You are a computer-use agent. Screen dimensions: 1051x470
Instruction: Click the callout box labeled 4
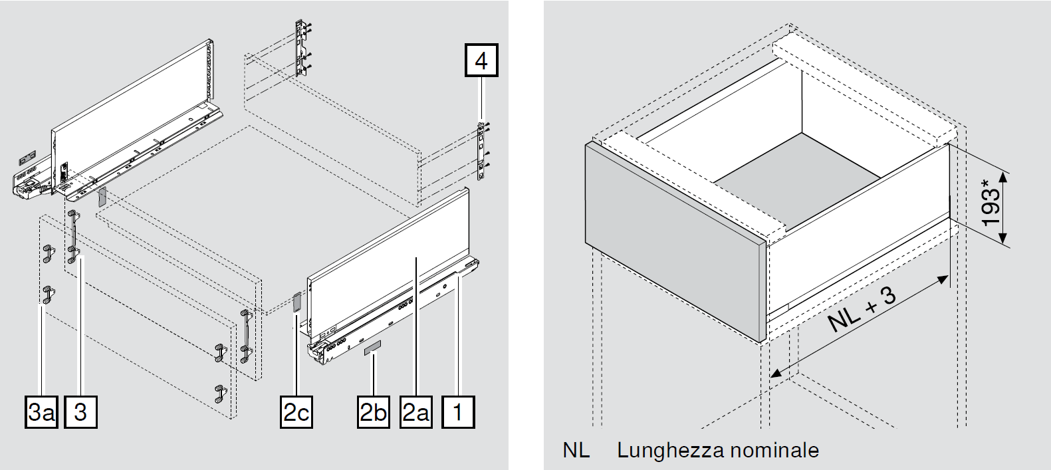[481, 61]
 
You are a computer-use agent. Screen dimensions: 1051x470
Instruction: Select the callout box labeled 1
[457, 412]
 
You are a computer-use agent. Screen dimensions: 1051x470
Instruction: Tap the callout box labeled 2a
[415, 412]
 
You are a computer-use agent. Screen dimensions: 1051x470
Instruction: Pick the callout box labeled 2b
[374, 412]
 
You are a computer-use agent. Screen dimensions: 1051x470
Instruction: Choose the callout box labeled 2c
[296, 412]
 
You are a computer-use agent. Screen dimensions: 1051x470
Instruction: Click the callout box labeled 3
[80, 412]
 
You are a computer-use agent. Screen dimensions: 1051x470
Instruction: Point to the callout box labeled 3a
[42, 412]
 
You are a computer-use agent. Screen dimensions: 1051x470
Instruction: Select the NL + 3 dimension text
[862, 311]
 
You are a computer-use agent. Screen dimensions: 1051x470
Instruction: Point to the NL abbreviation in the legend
[576, 450]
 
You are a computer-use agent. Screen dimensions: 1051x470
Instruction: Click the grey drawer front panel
[674, 242]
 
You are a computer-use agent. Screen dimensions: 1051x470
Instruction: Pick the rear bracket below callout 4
[483, 151]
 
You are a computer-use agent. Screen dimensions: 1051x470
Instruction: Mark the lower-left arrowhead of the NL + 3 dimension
[775, 370]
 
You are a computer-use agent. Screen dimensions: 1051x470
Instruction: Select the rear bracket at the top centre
[302, 51]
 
